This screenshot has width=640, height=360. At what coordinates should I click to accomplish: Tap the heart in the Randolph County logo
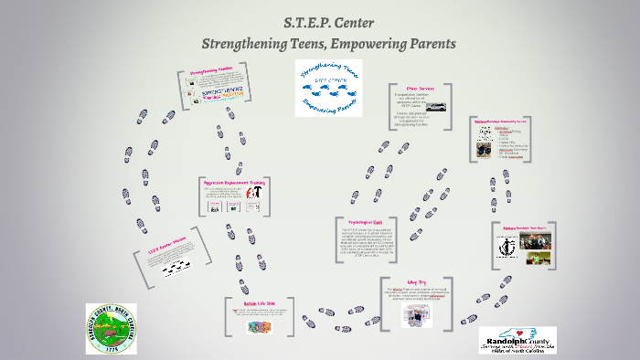coord(528,335)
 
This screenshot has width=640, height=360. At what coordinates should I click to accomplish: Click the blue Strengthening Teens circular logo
coord(328,88)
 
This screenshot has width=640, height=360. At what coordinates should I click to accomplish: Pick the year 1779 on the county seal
coord(111,349)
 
